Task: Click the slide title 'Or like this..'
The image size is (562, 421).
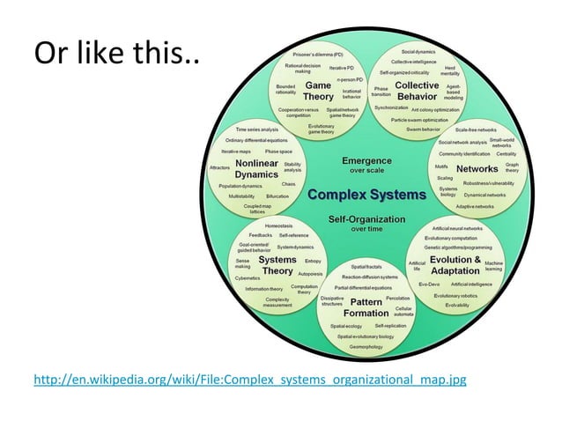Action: click(x=116, y=55)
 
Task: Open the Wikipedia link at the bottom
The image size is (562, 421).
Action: click(x=249, y=380)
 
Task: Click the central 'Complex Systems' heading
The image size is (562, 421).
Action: click(x=366, y=194)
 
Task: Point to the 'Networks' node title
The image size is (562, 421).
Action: click(x=477, y=168)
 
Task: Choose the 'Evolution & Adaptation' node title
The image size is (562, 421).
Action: click(x=455, y=265)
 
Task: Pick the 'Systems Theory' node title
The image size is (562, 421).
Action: click(x=277, y=265)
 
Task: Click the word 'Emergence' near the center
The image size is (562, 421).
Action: click(x=366, y=160)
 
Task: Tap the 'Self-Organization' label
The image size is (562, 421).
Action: click(x=366, y=218)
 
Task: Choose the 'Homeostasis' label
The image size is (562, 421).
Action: click(x=279, y=225)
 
